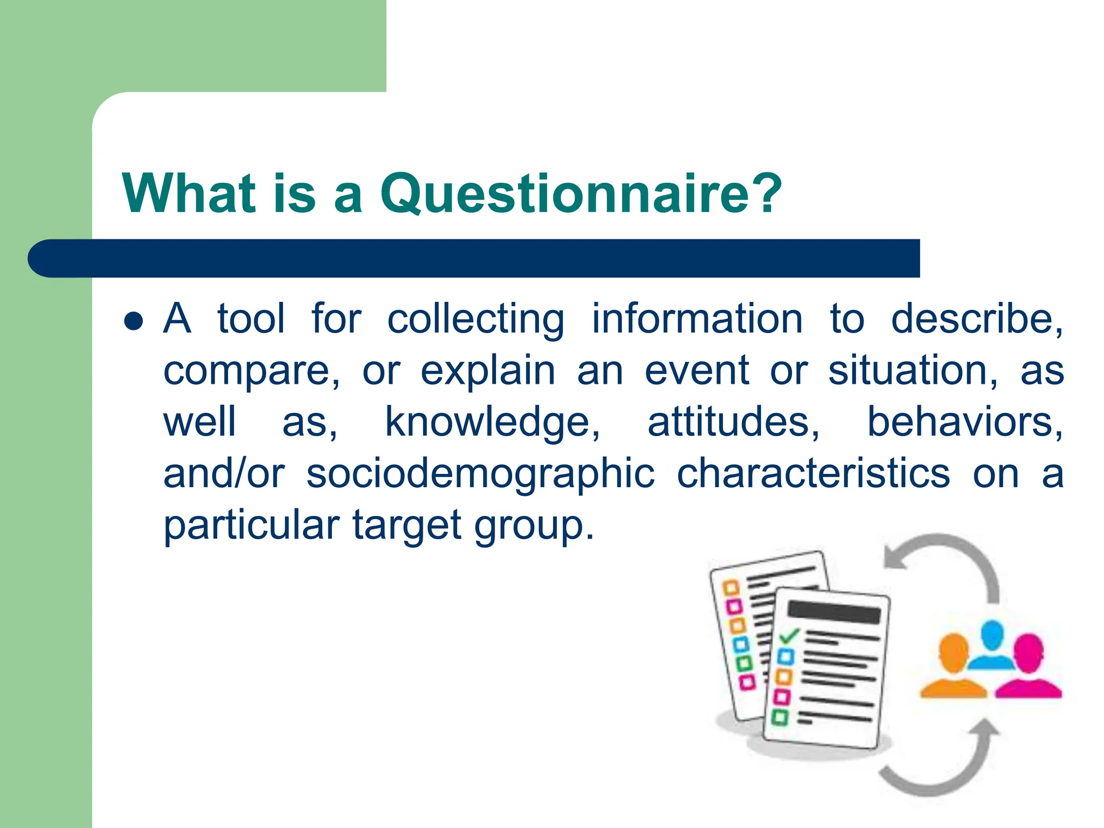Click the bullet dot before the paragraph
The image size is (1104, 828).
pyautogui.click(x=133, y=321)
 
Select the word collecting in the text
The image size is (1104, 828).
pyautogui.click(x=475, y=319)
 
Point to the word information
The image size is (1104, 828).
pyautogui.click(x=697, y=319)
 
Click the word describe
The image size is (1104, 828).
pyautogui.click(x=976, y=319)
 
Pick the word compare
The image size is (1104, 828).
pyautogui.click(x=251, y=371)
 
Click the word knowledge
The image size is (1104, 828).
pyautogui.click(x=492, y=422)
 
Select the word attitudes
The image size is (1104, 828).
pyautogui.click(x=733, y=422)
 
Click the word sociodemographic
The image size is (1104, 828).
pyautogui.click(x=480, y=474)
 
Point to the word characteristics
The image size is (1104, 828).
pyautogui.click(x=813, y=474)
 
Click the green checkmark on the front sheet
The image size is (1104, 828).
pyautogui.click(x=789, y=636)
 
